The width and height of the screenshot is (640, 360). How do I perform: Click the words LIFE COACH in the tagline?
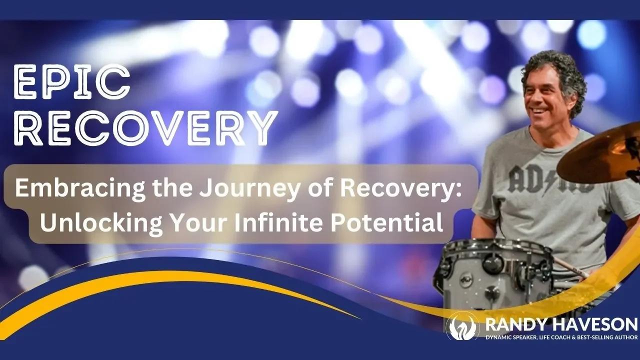(553, 338)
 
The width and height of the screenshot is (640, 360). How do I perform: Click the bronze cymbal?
(600, 155)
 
